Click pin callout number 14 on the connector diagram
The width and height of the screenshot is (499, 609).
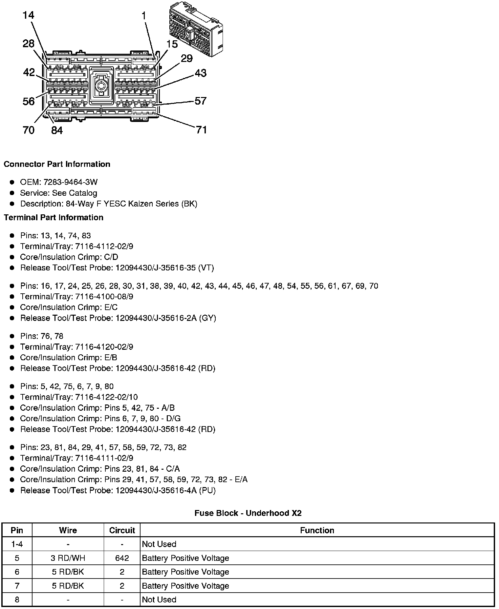(29, 15)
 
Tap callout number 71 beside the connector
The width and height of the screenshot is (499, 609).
(201, 130)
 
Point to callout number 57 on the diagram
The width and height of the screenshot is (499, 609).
(201, 101)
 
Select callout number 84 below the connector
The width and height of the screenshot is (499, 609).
(57, 130)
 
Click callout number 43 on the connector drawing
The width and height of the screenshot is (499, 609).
(201, 73)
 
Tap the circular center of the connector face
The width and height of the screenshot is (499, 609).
(101, 87)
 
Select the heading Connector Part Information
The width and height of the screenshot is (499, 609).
(57, 164)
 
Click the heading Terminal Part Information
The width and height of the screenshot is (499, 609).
(54, 218)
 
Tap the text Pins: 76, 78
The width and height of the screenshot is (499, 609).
(42, 336)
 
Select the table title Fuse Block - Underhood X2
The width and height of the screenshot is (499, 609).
(248, 513)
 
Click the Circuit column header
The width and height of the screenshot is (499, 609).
(122, 530)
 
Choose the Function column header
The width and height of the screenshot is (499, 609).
(317, 530)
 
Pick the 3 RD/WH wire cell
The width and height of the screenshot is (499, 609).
(68, 558)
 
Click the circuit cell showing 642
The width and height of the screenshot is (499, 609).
(122, 558)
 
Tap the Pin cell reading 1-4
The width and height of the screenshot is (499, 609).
(17, 544)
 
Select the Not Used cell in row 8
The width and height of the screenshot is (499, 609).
(159, 600)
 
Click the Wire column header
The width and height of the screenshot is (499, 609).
(68, 530)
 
